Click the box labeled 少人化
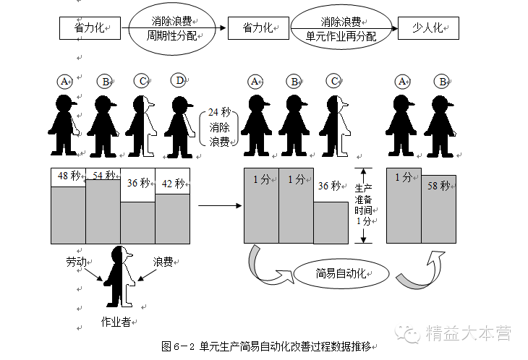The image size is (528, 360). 427,28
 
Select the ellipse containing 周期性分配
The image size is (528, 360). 172,28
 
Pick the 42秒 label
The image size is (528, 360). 172,184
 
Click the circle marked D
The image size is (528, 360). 179,80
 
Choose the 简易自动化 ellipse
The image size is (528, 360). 341,273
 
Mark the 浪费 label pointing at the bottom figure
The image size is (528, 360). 162,262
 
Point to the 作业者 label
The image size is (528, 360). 116,322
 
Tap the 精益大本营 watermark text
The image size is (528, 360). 468,333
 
